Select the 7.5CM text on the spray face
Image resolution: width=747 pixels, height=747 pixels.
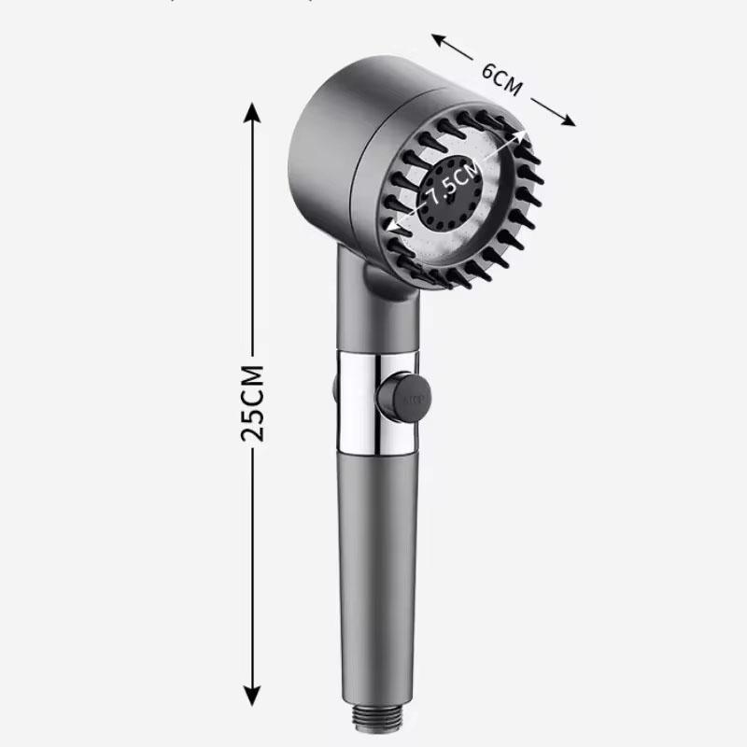pyautogui.click(x=455, y=183)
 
